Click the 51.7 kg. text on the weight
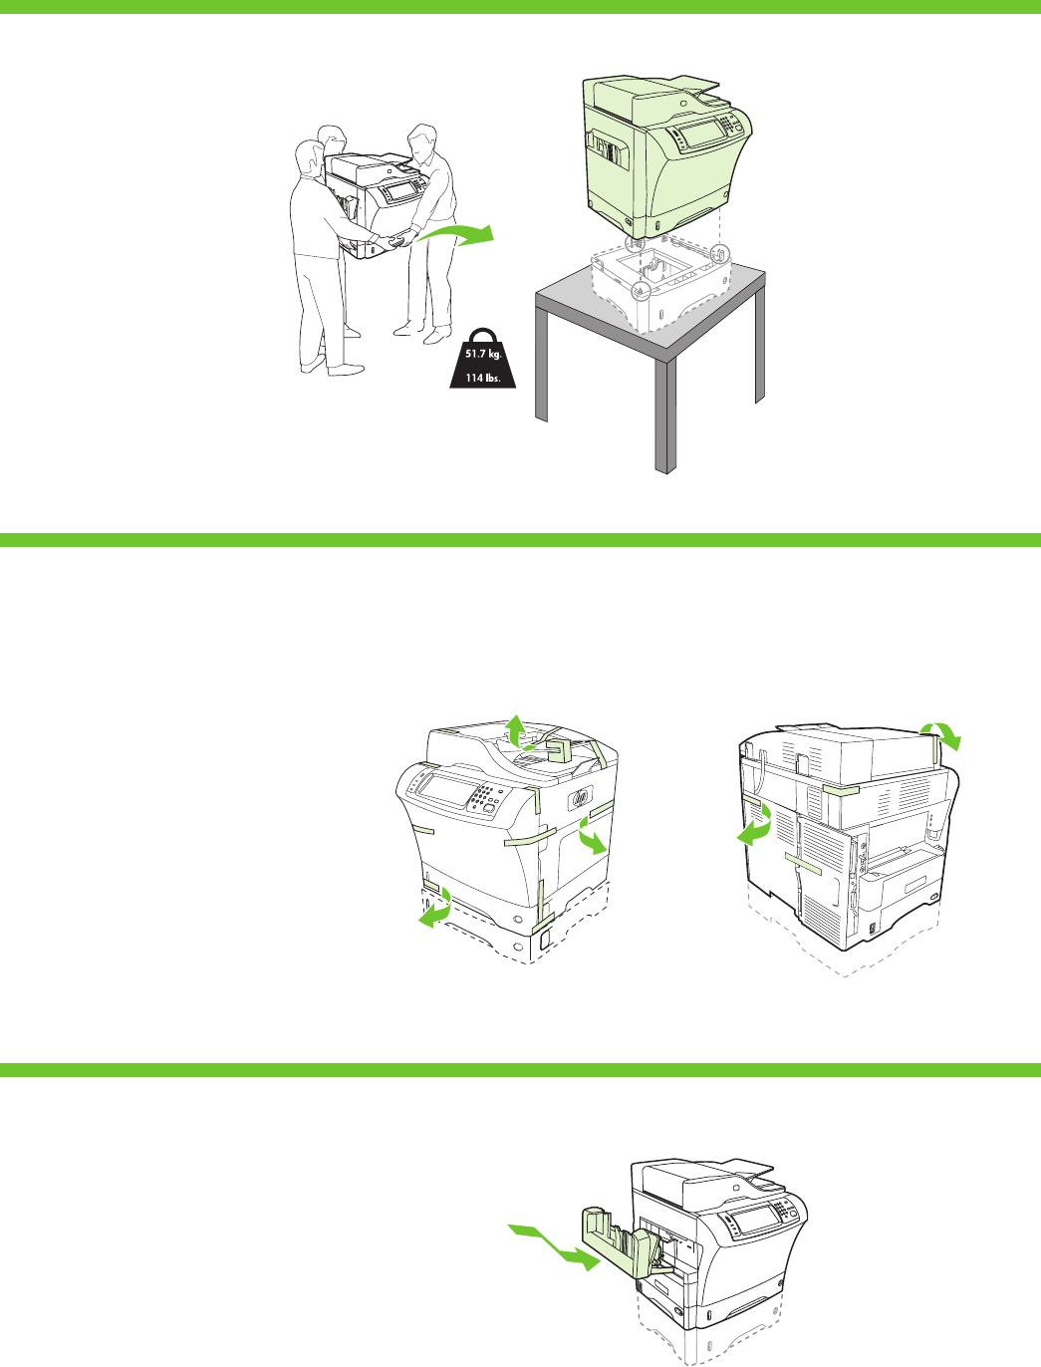point(483,354)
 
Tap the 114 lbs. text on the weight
point(482,378)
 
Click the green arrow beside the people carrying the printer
point(457,235)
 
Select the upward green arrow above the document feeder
point(515,730)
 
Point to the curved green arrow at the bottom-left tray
point(436,907)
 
